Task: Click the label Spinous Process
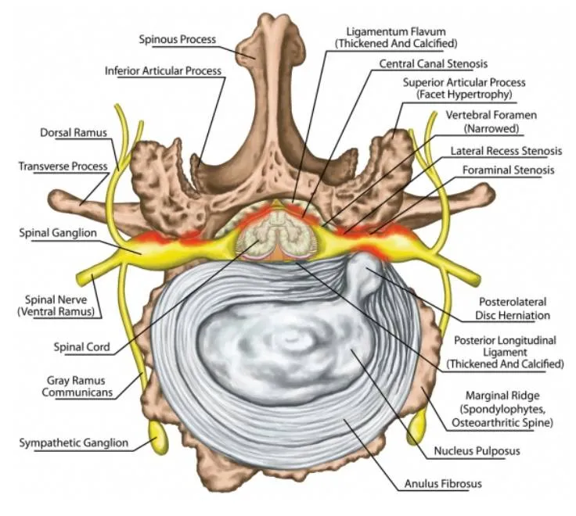[x=178, y=38]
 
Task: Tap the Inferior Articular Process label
[x=163, y=70]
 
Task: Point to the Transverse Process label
[x=60, y=167]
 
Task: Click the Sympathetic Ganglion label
[x=74, y=443]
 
